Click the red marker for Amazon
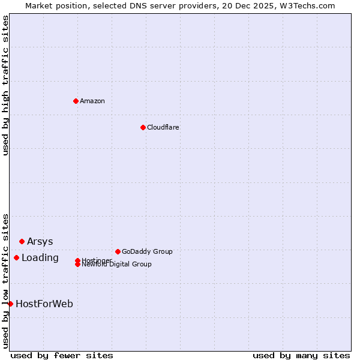tap(76, 101)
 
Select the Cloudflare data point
tap(143, 127)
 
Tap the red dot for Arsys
tap(22, 241)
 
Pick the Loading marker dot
tap(16, 257)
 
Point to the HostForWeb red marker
tap(10, 304)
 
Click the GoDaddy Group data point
tap(118, 251)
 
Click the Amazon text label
tap(92, 101)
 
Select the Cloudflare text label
tap(163, 127)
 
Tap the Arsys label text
tap(40, 241)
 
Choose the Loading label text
tap(40, 257)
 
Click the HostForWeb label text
tap(44, 304)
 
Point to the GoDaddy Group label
tap(147, 251)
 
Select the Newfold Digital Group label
tap(116, 265)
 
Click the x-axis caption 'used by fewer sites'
tap(62, 355)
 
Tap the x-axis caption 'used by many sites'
tap(301, 355)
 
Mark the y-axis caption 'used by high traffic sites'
tap(6, 85)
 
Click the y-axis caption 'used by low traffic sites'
tap(6, 280)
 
